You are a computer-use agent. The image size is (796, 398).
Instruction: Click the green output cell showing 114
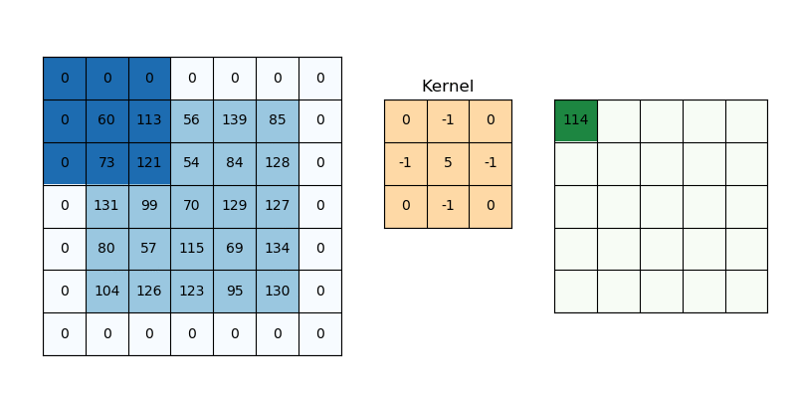[x=575, y=120]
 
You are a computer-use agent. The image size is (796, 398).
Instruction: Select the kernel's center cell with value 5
[x=448, y=163]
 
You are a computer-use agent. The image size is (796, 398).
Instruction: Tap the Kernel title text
[x=448, y=87]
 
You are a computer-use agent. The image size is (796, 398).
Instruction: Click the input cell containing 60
[x=106, y=120]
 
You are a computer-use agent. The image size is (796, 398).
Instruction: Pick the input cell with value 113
[x=149, y=120]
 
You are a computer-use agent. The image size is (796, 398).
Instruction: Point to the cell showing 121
[x=149, y=163]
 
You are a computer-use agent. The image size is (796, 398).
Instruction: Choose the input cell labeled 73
[x=106, y=163]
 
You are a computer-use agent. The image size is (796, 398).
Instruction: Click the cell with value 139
[x=235, y=120]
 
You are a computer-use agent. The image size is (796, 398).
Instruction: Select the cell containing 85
[x=277, y=120]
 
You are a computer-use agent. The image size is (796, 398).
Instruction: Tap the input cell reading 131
[x=106, y=206]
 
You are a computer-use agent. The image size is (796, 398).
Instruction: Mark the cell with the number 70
[x=192, y=206]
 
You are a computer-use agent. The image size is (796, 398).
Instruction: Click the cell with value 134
[x=277, y=249]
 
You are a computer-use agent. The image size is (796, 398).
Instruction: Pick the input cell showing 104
[x=106, y=292]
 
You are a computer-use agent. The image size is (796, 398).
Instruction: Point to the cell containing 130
[x=277, y=292]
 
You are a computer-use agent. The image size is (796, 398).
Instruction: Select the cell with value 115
[x=192, y=249]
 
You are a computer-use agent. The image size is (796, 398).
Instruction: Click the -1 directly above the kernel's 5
[x=448, y=120]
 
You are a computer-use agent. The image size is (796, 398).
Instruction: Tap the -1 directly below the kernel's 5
[x=448, y=206]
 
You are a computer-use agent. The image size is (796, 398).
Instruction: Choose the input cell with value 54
[x=192, y=163]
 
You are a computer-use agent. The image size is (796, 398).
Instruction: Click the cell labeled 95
[x=235, y=292]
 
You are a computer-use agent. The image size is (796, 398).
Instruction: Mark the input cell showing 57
[x=149, y=249]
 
